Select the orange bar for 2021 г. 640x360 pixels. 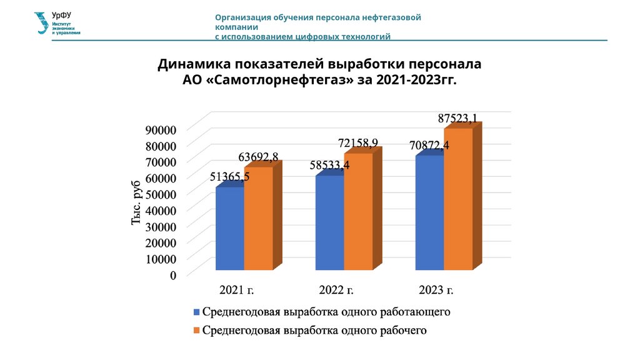coord(258,218)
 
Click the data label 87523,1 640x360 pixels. coord(458,118)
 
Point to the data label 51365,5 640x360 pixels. coord(229,177)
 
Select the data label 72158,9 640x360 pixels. coord(358,144)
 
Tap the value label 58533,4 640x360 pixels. coord(329,165)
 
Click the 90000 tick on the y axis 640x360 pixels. coord(162,129)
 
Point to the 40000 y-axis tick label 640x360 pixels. coord(162,210)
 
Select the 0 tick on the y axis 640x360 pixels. coord(172,274)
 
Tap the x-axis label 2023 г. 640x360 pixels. coord(436,290)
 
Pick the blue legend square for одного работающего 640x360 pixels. coord(196,311)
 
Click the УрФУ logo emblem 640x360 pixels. coord(42,23)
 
